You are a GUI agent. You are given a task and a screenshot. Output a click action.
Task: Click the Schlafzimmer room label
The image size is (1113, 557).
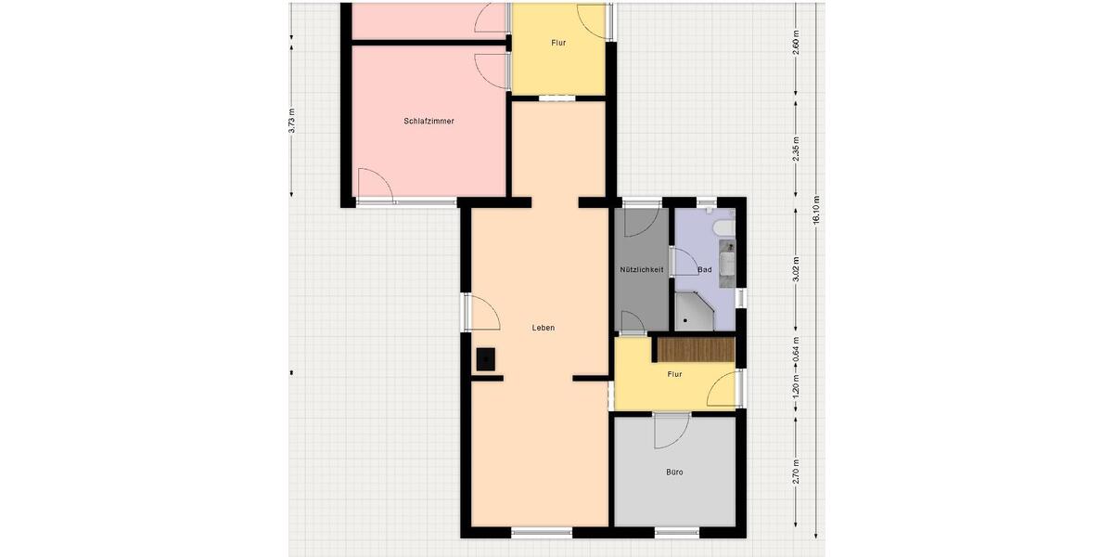pos(429,122)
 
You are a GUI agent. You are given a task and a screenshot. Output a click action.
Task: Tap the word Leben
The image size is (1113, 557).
pos(544,328)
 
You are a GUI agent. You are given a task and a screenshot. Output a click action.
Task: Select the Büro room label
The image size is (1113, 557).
pos(674,473)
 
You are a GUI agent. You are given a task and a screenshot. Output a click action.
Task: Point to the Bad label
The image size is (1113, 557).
pos(704,270)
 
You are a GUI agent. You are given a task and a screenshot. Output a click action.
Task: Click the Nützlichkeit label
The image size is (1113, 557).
pos(642,270)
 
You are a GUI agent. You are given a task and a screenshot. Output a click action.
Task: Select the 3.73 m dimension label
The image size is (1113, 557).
pos(291,122)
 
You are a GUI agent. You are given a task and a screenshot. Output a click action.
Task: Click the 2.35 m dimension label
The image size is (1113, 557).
pos(796,149)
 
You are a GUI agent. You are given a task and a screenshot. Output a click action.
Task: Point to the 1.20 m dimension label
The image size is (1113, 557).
pos(796,386)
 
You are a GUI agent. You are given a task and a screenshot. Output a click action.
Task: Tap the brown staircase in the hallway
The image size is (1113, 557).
pos(695,349)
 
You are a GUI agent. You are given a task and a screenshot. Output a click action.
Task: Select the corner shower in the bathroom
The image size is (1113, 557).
pos(694,312)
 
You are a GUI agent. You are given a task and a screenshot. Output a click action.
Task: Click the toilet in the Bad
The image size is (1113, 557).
pos(722,227)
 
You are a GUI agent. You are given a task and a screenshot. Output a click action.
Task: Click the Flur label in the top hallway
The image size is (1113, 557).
pos(558,44)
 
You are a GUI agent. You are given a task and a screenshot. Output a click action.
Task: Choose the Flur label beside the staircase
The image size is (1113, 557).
pos(674,374)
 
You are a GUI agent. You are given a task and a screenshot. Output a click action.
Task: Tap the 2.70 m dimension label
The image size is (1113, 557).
pos(796,472)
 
